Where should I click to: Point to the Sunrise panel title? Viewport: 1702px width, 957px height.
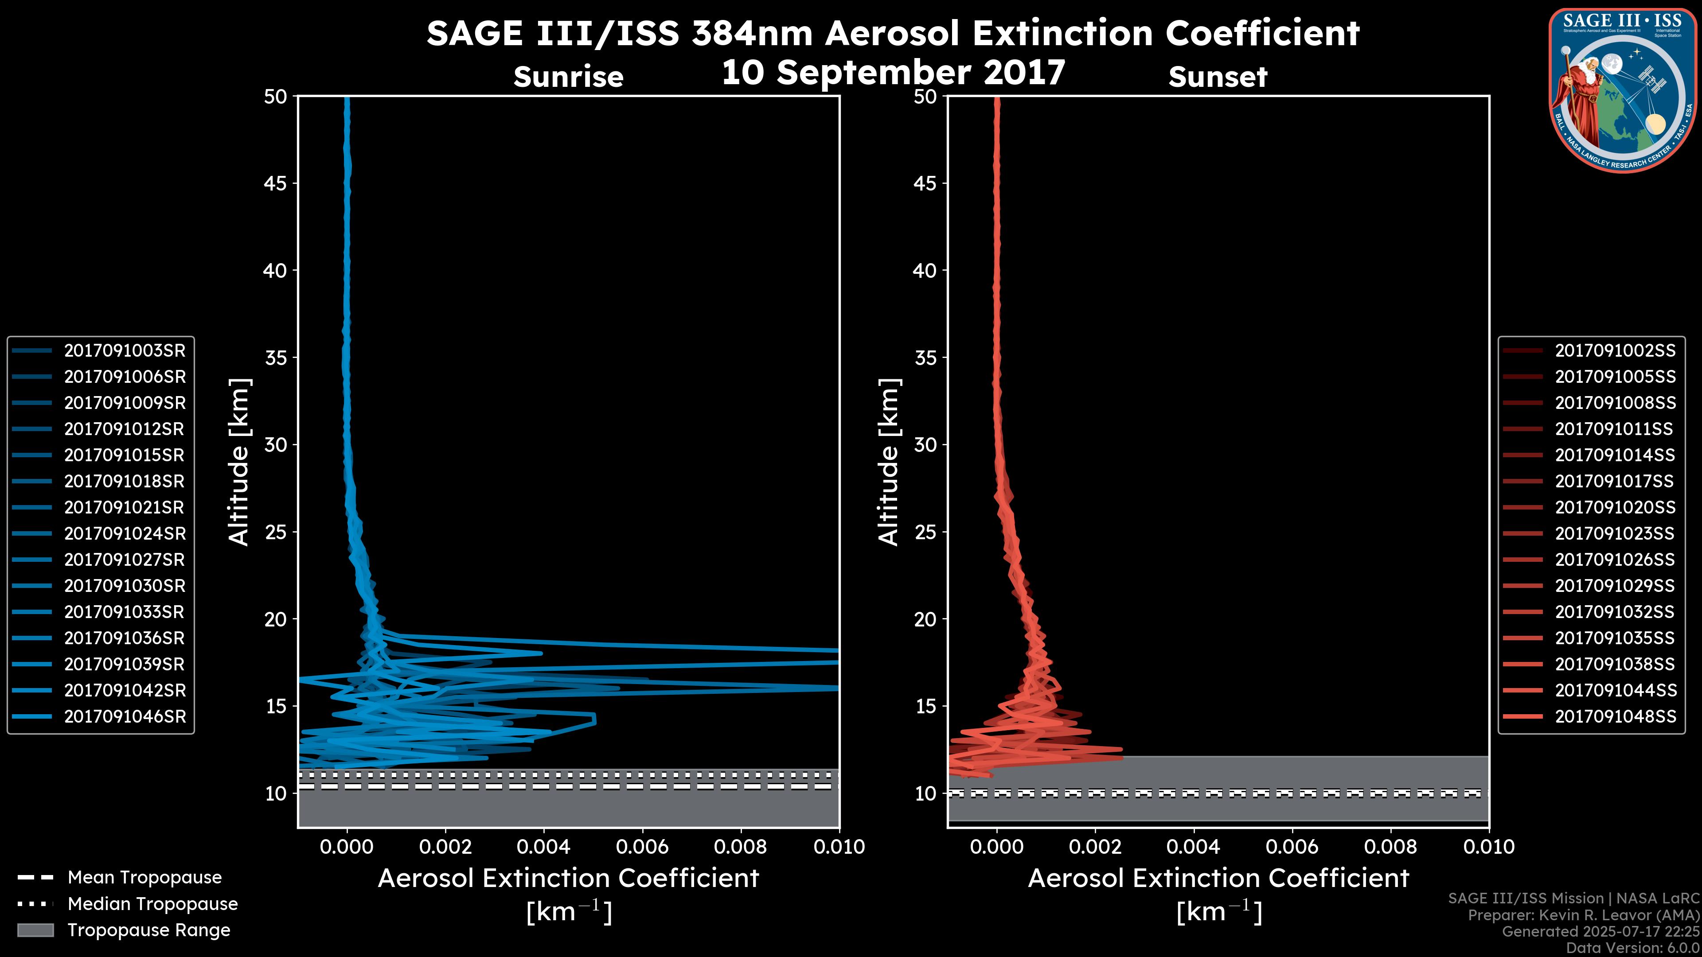point(568,77)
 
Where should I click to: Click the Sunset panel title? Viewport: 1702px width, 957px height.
point(1218,77)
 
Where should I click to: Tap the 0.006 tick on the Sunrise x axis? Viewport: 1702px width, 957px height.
point(642,847)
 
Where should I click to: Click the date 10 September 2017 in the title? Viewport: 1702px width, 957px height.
point(893,73)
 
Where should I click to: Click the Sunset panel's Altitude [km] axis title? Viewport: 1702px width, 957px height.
point(889,462)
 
